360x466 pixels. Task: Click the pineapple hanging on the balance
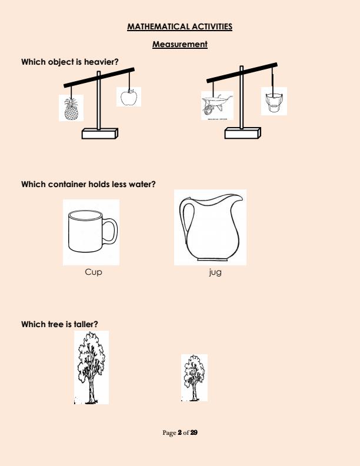(71, 109)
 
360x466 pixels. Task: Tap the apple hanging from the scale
(129, 97)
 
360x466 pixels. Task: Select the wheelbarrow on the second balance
(217, 105)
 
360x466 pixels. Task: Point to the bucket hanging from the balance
(274, 102)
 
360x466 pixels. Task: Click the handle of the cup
(111, 231)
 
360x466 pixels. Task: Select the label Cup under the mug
(94, 272)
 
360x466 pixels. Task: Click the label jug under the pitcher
(215, 272)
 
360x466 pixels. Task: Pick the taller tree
(91, 368)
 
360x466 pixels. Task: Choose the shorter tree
(194, 377)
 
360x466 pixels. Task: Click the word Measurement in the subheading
(179, 44)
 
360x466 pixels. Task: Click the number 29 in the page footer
(194, 432)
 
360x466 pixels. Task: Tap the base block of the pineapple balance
(100, 134)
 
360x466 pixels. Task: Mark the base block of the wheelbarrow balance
(243, 133)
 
